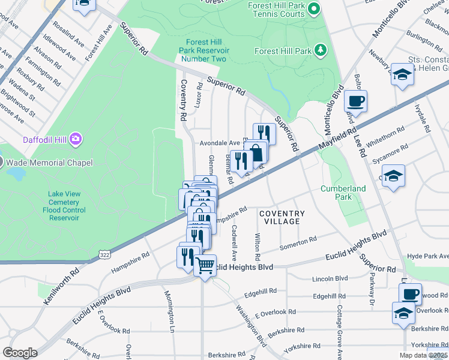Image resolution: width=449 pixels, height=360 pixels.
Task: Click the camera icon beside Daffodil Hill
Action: tap(76, 139)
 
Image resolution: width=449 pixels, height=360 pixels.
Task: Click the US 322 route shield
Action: tap(104, 255)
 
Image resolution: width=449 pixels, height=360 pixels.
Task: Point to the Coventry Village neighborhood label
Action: tap(282, 217)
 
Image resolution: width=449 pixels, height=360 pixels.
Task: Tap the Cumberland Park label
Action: tap(343, 193)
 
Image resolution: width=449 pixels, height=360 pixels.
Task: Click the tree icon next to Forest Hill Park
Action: tap(321, 50)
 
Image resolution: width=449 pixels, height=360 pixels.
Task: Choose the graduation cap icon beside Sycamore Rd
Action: tap(393, 176)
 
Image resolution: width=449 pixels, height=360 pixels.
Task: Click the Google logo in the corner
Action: tap(20, 353)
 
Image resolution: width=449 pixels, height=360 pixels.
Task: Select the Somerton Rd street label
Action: tap(298, 243)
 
